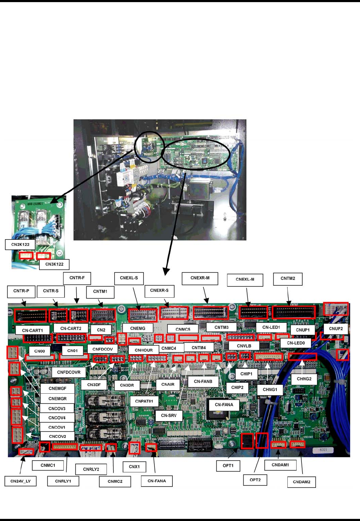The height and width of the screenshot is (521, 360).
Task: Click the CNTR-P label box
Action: pyautogui.click(x=22, y=291)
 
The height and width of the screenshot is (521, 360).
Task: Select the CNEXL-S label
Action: pyautogui.click(x=129, y=278)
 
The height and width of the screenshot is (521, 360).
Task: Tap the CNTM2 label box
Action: pyautogui.click(x=288, y=278)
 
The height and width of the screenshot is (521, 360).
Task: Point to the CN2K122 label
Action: pyautogui.click(x=20, y=244)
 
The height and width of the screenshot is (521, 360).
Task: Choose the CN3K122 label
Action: pyautogui.click(x=54, y=264)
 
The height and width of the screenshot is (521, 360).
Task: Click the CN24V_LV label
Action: pyautogui.click(x=20, y=481)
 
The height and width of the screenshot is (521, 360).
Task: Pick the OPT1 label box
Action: pyautogui.click(x=228, y=466)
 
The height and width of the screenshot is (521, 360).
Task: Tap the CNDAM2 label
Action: pyautogui.click(x=301, y=482)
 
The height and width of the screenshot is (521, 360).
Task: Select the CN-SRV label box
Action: pyautogui.click(x=169, y=416)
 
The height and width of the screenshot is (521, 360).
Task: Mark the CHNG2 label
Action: pyautogui.click(x=304, y=379)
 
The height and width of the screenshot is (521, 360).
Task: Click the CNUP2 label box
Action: pyautogui.click(x=336, y=329)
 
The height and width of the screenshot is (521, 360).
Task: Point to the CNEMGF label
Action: pyautogui.click(x=57, y=388)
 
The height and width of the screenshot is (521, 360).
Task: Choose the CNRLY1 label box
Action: pyautogui.click(x=63, y=481)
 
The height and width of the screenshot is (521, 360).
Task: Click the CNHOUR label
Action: pyautogui.click(x=144, y=350)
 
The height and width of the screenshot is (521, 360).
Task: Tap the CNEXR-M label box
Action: pyautogui.click(x=200, y=278)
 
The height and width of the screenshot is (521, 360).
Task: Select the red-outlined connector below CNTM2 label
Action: pyautogui.click(x=293, y=312)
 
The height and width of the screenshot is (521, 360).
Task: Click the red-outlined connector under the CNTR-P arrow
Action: pyautogui.click(x=31, y=315)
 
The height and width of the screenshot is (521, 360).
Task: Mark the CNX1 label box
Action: pyautogui.click(x=134, y=467)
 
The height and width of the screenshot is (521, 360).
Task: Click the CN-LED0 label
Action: pyautogui.click(x=295, y=343)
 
